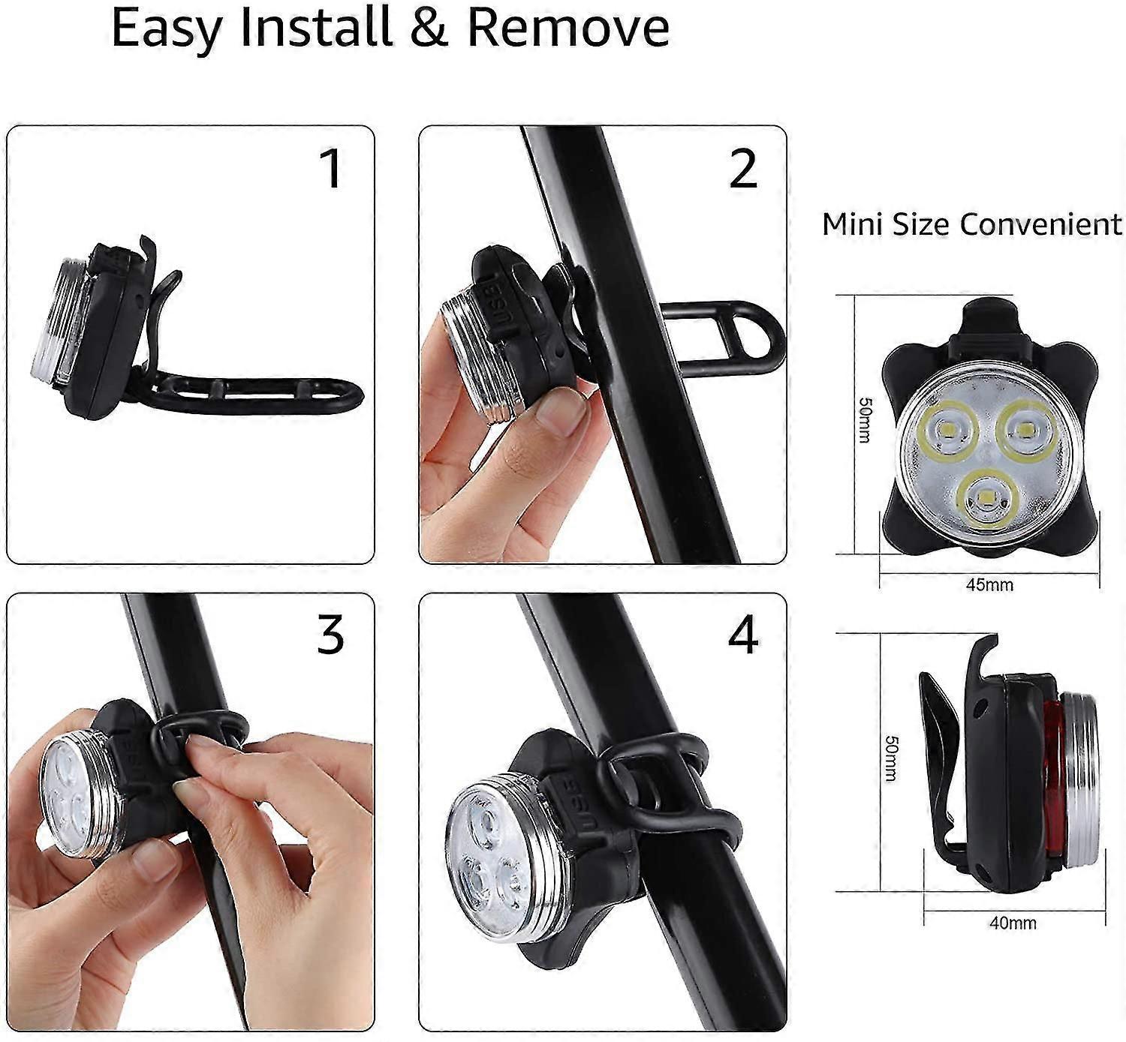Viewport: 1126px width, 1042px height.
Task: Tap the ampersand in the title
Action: coord(429,26)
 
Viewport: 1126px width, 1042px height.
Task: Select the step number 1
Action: coord(331,168)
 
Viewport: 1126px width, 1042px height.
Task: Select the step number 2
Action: coord(742,168)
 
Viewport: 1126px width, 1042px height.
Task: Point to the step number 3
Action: coord(330,635)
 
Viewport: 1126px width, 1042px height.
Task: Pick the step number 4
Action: coord(742,635)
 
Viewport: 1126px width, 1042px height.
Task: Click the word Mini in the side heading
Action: coord(854,224)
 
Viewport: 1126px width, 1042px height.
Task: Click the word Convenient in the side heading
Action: coord(1041,224)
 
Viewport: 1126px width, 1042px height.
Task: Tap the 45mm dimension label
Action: coord(989,584)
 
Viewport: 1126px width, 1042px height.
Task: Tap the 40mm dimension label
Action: coord(1013,923)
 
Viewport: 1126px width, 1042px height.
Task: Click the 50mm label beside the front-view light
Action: coord(865,420)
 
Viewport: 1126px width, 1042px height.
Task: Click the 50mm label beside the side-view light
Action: coord(891,758)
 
